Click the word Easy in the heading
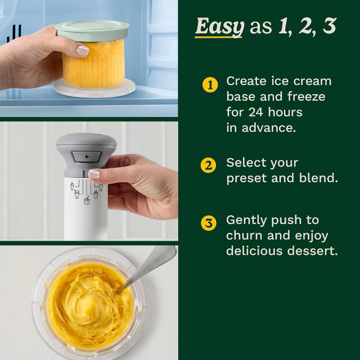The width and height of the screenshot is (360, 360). point(219,27)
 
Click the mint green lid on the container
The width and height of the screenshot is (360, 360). point(93,28)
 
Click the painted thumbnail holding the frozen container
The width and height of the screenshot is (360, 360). point(82,50)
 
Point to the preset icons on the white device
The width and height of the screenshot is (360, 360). point(86,191)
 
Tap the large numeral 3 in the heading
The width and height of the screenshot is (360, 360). point(329,27)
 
